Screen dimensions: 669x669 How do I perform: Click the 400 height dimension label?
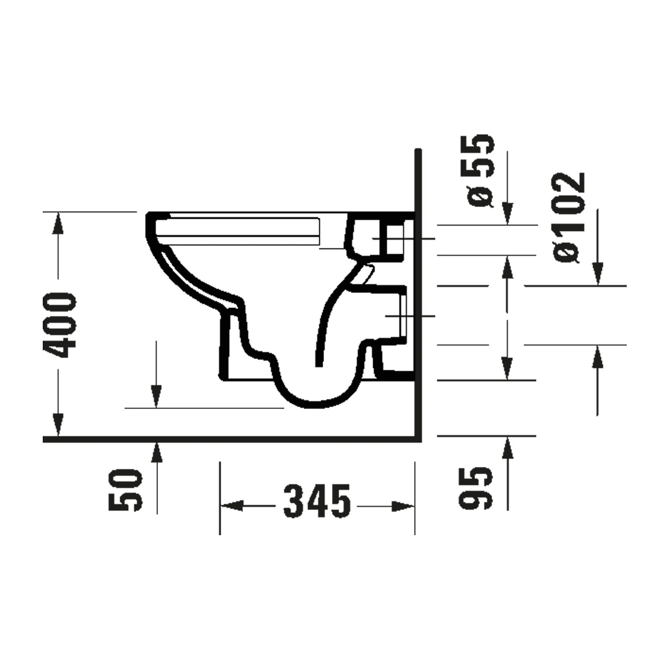tap(59, 325)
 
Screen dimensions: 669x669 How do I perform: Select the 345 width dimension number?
tap(317, 501)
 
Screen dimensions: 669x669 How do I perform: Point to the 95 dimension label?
tap(475, 488)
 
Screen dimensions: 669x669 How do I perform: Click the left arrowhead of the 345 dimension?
tap(231, 507)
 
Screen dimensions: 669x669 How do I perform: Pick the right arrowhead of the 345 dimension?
tap(403, 507)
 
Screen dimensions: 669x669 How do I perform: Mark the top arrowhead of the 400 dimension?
tap(58, 223)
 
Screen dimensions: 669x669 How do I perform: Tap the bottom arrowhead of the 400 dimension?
tap(58, 426)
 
